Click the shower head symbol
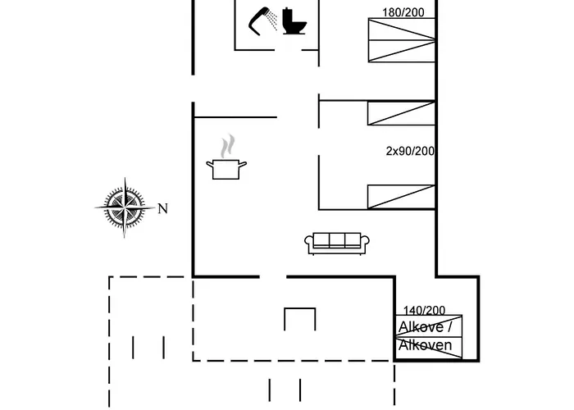tap(262, 20)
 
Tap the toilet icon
tap(294, 21)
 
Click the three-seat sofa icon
tap(337, 242)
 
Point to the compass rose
tap(125, 207)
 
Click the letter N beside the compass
tap(162, 208)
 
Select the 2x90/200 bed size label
tap(410, 151)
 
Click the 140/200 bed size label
tap(424, 310)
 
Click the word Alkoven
tap(425, 345)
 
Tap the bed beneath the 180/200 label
tap(401, 40)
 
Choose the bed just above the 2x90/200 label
tap(401, 114)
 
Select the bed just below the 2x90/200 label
tap(401, 197)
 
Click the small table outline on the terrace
tap(300, 318)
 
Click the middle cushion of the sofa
tap(337, 240)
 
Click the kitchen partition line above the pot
tap(235, 117)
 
